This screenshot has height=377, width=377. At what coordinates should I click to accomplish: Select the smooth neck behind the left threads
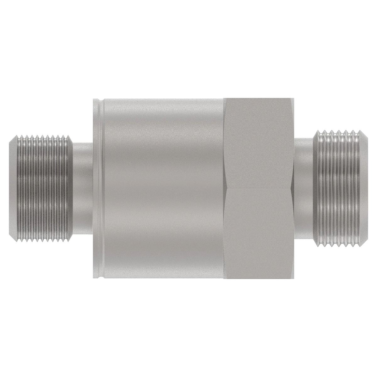pos(83,188)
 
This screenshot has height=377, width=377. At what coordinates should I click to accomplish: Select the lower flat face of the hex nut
pos(259,234)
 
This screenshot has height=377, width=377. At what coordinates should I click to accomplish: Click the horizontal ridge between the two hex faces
pos(259,188)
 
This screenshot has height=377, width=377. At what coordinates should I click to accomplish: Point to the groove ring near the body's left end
pos(100,188)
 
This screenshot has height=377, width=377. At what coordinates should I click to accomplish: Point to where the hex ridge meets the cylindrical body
pos(226,188)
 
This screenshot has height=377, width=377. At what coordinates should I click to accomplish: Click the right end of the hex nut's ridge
pos(294,188)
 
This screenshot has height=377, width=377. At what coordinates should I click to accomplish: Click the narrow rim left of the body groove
pos(95,188)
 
